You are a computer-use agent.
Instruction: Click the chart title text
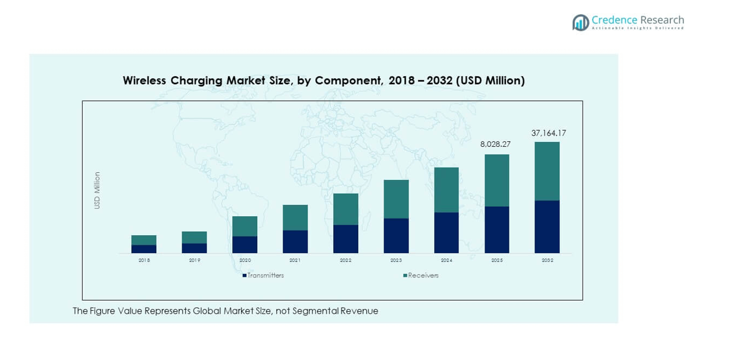click(x=324, y=81)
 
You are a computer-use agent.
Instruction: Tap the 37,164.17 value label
click(x=548, y=134)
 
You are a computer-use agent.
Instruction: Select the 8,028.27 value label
click(x=496, y=144)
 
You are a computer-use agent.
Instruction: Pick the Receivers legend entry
click(x=423, y=276)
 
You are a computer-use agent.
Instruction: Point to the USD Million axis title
click(x=97, y=190)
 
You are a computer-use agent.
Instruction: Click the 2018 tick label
click(x=144, y=261)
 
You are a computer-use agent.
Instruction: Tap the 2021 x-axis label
click(x=295, y=261)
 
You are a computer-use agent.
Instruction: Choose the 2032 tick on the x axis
click(x=547, y=261)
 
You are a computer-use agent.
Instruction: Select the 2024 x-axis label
click(x=447, y=261)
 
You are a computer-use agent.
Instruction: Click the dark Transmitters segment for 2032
click(x=547, y=227)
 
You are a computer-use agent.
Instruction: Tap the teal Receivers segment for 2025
click(x=496, y=181)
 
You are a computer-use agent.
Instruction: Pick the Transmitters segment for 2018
click(x=144, y=249)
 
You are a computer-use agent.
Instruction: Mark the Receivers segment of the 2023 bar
click(x=396, y=199)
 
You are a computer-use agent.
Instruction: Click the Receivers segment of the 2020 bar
click(x=245, y=226)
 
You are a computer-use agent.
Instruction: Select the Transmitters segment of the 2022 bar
click(x=346, y=239)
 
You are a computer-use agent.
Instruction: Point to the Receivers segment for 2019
click(x=194, y=238)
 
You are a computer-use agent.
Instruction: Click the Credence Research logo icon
click(x=580, y=23)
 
